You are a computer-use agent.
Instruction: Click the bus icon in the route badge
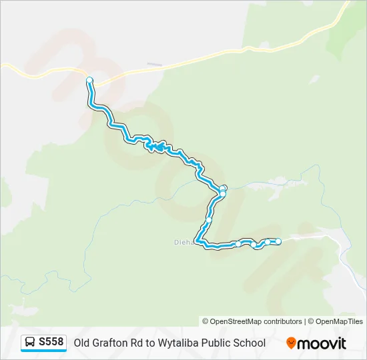(30, 343)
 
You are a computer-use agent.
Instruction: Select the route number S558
(51, 343)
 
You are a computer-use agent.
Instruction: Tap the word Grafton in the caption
(112, 343)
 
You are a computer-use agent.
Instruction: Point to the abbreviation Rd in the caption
(141, 343)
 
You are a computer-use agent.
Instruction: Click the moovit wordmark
(322, 343)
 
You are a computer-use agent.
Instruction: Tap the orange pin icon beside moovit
(291, 343)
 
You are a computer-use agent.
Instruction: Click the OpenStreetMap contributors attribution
(252, 321)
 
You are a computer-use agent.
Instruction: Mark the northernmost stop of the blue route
(89, 81)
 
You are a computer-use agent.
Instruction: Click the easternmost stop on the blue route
(278, 241)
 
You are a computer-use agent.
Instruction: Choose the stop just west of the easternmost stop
(268, 242)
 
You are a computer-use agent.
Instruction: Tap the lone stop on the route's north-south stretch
(209, 219)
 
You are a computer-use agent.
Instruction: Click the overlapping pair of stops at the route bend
(223, 191)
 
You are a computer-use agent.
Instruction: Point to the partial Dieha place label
(184, 242)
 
